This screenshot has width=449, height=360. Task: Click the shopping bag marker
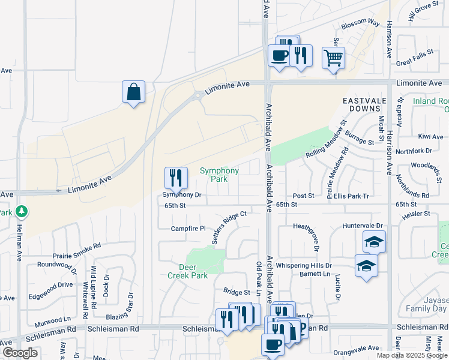(x=133, y=92)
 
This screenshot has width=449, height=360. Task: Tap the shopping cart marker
(x=333, y=58)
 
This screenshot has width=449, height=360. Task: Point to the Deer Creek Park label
(x=193, y=271)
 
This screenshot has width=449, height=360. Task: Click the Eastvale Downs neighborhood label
(x=361, y=104)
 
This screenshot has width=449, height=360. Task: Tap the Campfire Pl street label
(x=188, y=229)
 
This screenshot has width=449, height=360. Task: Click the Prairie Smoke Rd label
(x=77, y=246)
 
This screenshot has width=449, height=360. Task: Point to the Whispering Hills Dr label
(x=318, y=265)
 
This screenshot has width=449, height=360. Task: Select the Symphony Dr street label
(x=182, y=195)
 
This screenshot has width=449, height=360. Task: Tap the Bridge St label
(x=237, y=292)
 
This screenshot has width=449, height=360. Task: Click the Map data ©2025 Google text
(x=412, y=355)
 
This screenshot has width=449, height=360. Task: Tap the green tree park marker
(x=21, y=212)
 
